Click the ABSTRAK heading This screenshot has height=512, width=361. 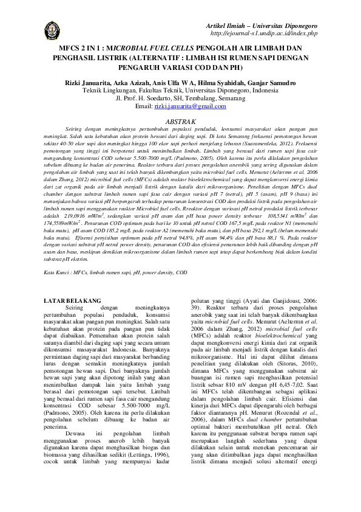[x=180, y=122]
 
